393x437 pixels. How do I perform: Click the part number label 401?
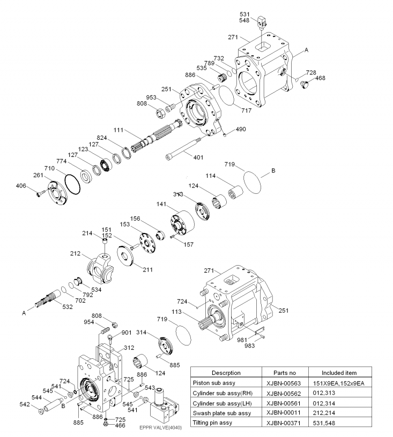[198, 157]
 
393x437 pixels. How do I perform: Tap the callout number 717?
[246, 111]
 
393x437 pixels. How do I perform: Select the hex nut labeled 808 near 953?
[160, 113]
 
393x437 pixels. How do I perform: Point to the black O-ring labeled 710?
[72, 184]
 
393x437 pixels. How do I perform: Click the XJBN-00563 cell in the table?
[284, 383]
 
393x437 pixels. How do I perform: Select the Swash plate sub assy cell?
[222, 413]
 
